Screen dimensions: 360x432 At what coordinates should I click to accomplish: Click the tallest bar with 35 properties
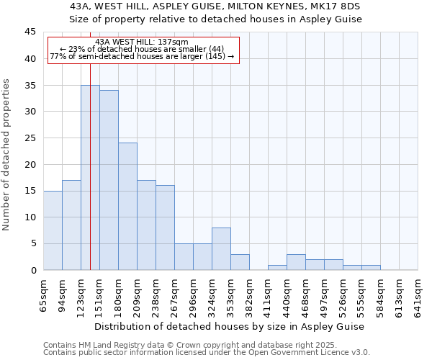coord(90,177)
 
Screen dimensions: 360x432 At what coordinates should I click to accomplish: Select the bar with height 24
coord(127,206)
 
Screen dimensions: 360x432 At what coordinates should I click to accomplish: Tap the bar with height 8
coord(221,248)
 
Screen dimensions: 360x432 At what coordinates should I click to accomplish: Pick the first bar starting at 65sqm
coord(53,230)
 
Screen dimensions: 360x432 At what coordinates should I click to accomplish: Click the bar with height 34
coord(109,180)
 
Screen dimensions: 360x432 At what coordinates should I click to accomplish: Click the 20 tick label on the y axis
coord(30,164)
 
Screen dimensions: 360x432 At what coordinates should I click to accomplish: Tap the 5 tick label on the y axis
coord(33,243)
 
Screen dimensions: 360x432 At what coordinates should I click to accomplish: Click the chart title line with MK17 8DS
coord(215,6)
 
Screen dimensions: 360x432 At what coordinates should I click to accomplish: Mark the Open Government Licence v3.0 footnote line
coord(207,352)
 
